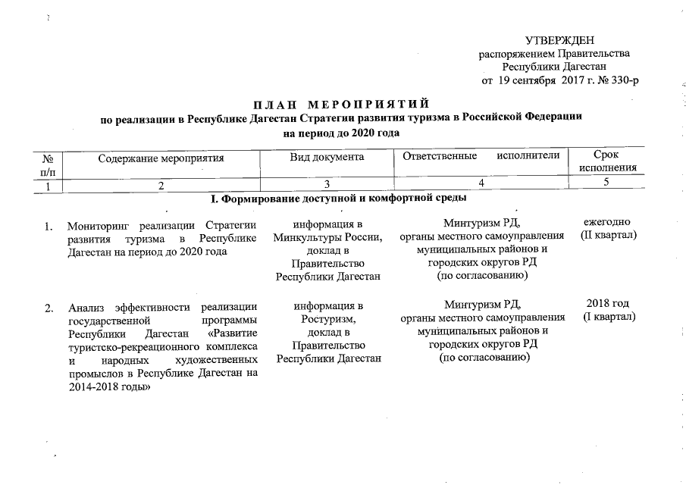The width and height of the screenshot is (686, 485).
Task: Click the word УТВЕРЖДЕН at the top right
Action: pyautogui.click(x=559, y=40)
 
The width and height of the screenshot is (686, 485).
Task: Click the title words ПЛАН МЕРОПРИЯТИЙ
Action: pyautogui.click(x=341, y=103)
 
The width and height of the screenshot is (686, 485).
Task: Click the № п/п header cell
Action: pyautogui.click(x=49, y=164)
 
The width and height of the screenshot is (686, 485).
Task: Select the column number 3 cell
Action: pyautogui.click(x=327, y=184)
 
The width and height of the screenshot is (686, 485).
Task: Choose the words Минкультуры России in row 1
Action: pyautogui.click(x=327, y=237)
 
